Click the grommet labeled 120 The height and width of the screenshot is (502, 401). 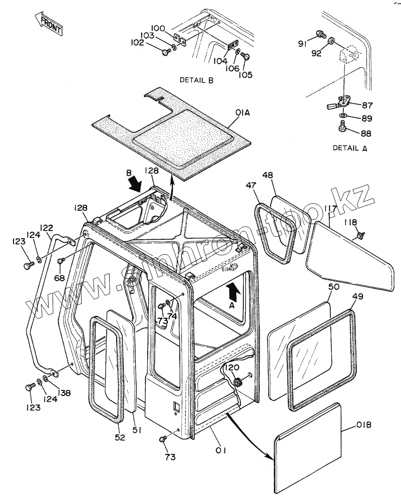click(238, 383)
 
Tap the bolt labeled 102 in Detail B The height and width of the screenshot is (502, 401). click(166, 52)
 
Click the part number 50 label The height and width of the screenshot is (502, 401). click(333, 287)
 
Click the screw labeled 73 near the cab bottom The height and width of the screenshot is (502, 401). click(162, 438)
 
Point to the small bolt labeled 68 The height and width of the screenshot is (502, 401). click(61, 261)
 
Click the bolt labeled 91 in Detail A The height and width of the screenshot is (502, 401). click(319, 35)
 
